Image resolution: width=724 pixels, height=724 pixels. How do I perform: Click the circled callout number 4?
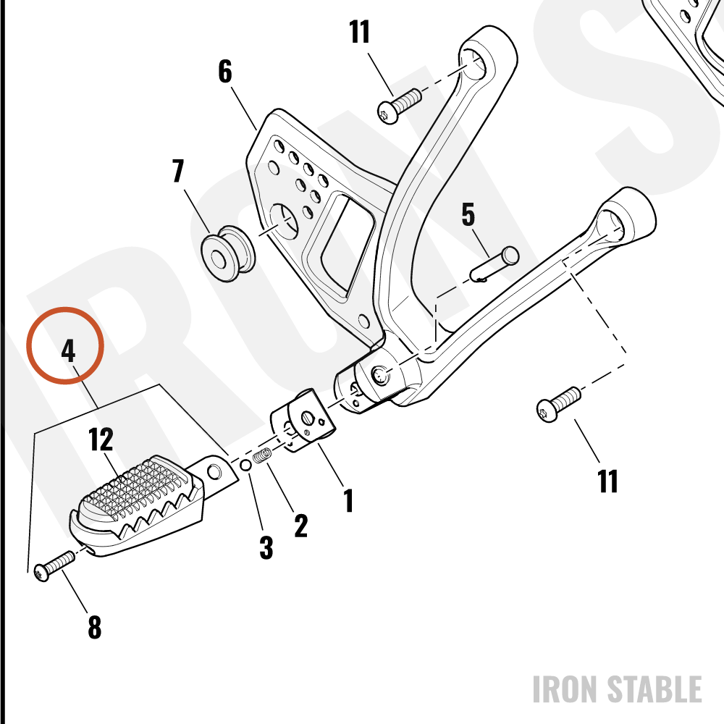point(68,351)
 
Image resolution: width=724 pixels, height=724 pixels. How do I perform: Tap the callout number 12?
point(101,439)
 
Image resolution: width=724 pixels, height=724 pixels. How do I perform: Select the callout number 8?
point(95,626)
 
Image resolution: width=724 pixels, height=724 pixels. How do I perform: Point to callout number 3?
point(266,547)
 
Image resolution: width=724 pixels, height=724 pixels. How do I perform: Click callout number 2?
point(301,525)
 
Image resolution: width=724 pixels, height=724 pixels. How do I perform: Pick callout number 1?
point(349,500)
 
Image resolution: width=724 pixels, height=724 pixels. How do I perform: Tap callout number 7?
point(178,170)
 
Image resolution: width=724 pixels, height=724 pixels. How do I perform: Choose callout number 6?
point(225,71)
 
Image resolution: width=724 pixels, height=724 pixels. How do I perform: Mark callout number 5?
point(468,214)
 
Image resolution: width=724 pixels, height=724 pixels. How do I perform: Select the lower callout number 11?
point(607,481)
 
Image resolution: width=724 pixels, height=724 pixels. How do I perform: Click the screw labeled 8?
point(54,566)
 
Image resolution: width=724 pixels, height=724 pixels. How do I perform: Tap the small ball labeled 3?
point(246,466)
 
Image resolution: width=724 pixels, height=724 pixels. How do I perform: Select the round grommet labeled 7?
point(228,253)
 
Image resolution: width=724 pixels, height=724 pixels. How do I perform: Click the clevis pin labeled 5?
point(494,264)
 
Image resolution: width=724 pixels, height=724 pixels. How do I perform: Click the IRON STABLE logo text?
point(618,689)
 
